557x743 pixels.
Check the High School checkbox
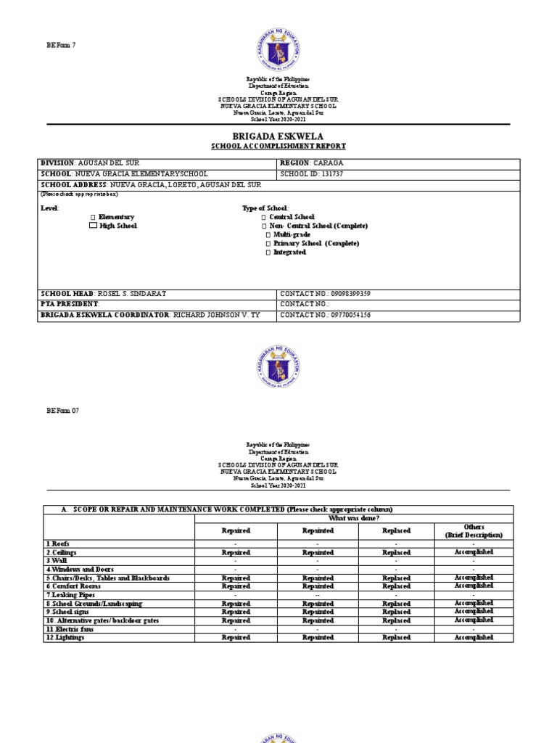click(92, 226)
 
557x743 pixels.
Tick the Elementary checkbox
click(92, 218)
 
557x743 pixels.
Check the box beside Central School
click(265, 217)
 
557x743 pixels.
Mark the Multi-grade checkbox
click(268, 235)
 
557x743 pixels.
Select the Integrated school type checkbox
click(268, 253)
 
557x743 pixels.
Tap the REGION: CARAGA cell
click(312, 163)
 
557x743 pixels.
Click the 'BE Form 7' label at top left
click(61, 45)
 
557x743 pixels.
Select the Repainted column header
click(318, 530)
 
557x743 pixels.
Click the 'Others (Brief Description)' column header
click(473, 530)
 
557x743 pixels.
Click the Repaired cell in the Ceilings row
click(236, 552)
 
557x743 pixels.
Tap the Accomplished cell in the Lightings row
click(473, 638)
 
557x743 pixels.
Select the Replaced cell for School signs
click(396, 612)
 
